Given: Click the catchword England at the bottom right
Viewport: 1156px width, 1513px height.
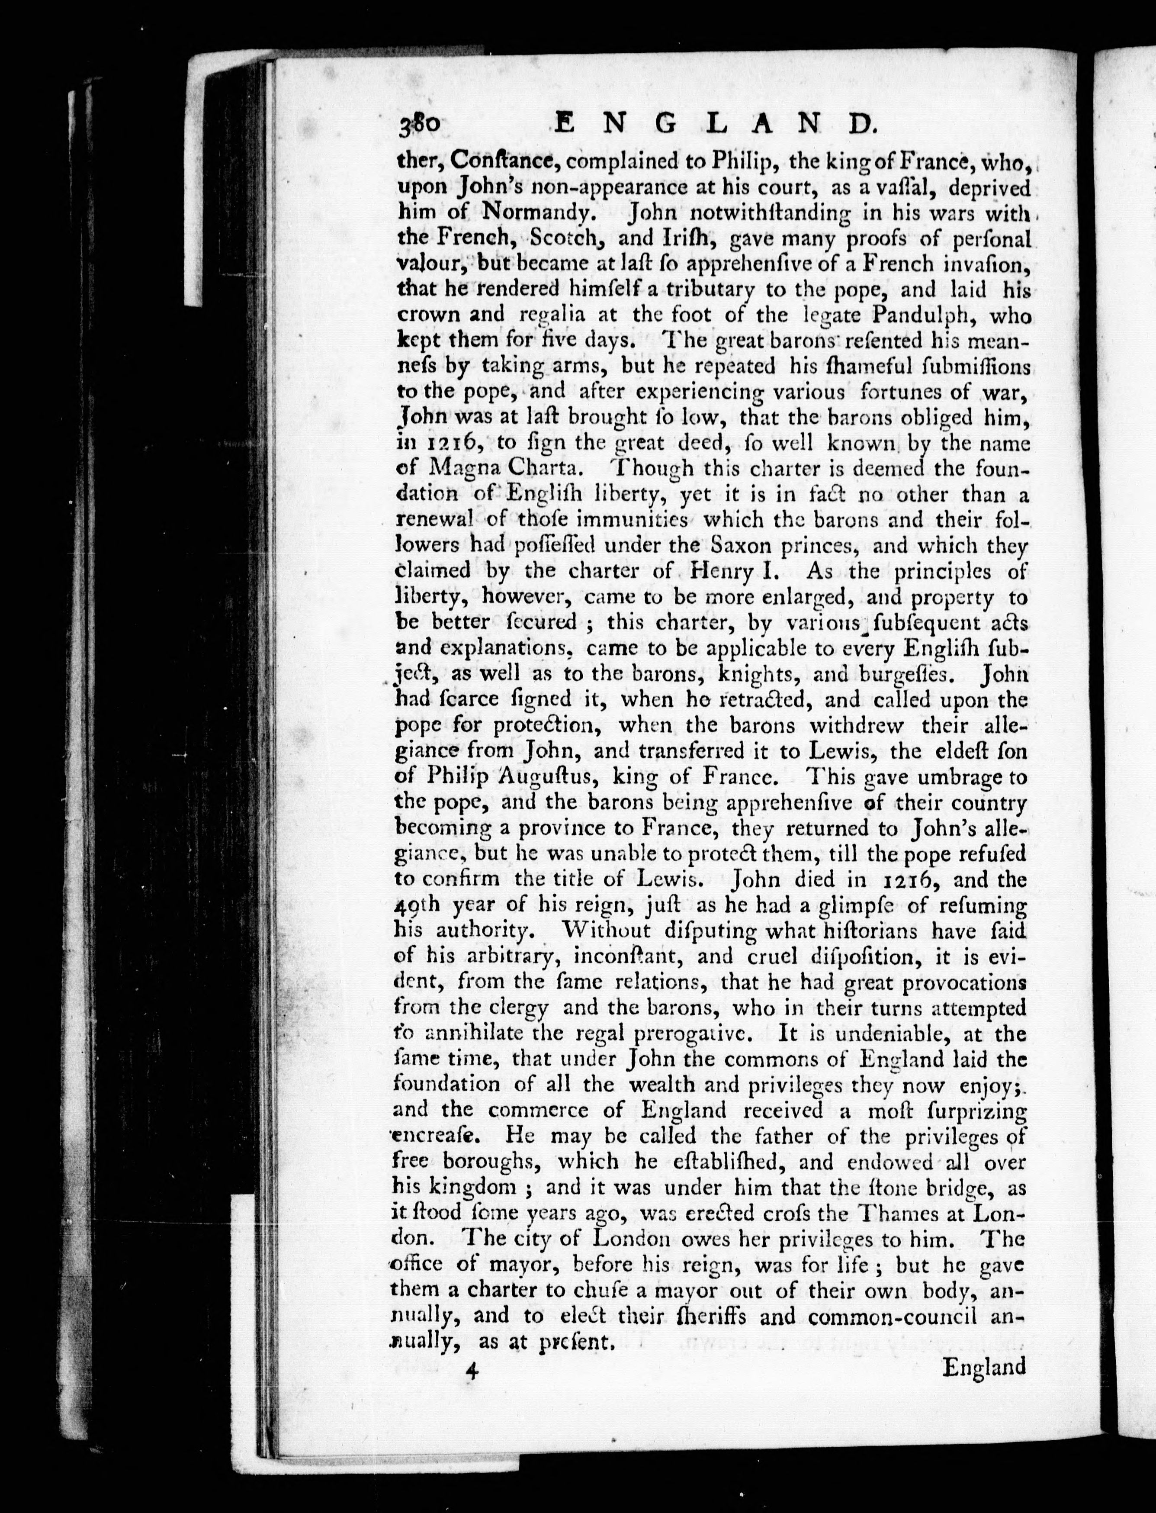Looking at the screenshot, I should pos(983,1366).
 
